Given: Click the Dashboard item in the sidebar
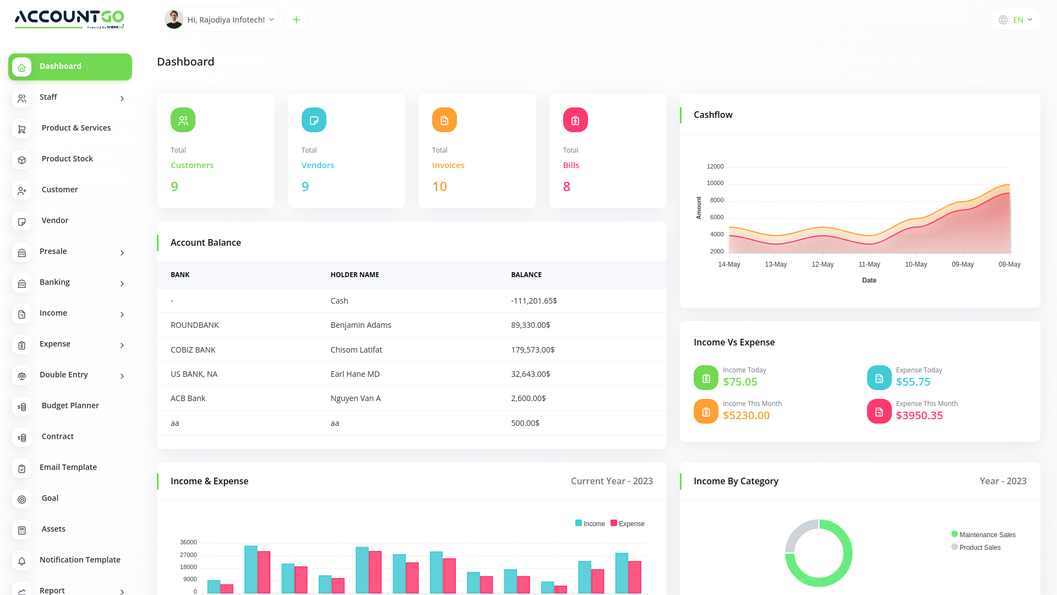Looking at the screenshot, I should pyautogui.click(x=70, y=67).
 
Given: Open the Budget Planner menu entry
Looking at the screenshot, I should pyautogui.click(x=70, y=405).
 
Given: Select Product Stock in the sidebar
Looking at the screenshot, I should pyautogui.click(x=67, y=159).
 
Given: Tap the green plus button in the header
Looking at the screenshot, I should pyautogui.click(x=296, y=20).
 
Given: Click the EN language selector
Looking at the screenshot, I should pyautogui.click(x=1016, y=20).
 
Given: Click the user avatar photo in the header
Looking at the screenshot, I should pyautogui.click(x=174, y=19).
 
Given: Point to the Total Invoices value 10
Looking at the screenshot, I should pyautogui.click(x=439, y=187).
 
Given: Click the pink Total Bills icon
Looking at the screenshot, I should pyautogui.click(x=575, y=120).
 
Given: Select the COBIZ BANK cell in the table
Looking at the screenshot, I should pyautogui.click(x=193, y=350).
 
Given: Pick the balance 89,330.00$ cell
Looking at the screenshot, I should pyautogui.click(x=531, y=325).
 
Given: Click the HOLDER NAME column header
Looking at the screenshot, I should pyautogui.click(x=355, y=275).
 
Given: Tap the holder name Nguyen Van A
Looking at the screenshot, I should pyautogui.click(x=356, y=398).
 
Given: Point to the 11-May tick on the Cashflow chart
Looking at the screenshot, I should pyautogui.click(x=869, y=264).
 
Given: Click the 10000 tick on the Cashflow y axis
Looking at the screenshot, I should pyautogui.click(x=715, y=183).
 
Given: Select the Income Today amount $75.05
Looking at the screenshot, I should pyautogui.click(x=740, y=382).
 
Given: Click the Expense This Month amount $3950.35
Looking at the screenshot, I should pyautogui.click(x=919, y=415).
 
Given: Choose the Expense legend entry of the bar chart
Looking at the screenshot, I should pyautogui.click(x=628, y=523).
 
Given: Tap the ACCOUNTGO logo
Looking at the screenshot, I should pyautogui.click(x=69, y=19).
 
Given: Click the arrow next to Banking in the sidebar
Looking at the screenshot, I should pyautogui.click(x=122, y=284).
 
